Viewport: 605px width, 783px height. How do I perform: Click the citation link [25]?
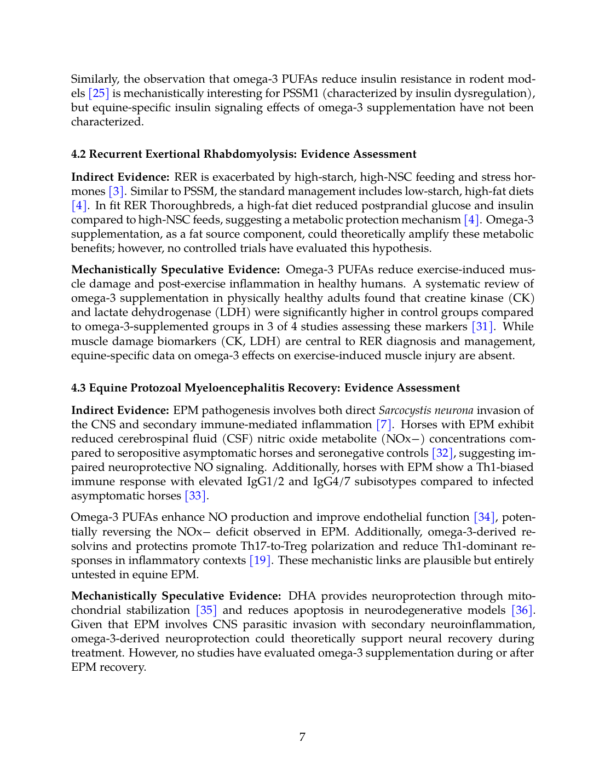click(x=99, y=94)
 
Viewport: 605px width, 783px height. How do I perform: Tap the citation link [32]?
click(x=442, y=453)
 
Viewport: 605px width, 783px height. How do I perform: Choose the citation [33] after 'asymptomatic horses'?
click(x=195, y=496)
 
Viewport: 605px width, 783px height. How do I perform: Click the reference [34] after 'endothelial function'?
click(x=485, y=517)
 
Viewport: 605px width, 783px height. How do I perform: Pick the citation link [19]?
click(x=260, y=561)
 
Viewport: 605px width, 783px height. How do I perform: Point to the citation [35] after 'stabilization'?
click(x=206, y=611)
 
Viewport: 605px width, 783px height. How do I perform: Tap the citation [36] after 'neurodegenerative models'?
click(x=522, y=611)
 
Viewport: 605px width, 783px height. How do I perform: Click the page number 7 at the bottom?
click(x=302, y=737)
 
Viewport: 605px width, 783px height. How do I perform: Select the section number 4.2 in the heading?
click(x=78, y=154)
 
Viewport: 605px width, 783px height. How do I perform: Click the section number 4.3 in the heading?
click(x=78, y=388)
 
